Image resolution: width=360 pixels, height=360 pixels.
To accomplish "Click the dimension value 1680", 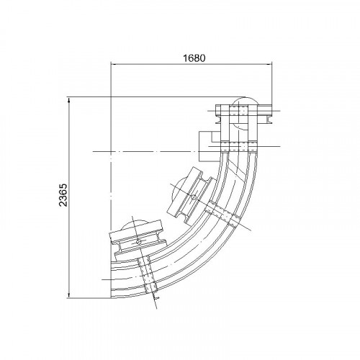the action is [x=194, y=58].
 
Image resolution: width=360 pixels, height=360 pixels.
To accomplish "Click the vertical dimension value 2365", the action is [x=63, y=195].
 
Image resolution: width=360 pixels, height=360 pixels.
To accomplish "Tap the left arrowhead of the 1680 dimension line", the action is [x=113, y=64].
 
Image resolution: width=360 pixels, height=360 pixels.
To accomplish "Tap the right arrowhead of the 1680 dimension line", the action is [x=269, y=64].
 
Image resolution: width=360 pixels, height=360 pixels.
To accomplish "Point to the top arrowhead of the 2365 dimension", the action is [x=69, y=100].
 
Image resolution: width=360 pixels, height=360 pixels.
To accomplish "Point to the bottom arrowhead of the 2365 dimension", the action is [x=69, y=296].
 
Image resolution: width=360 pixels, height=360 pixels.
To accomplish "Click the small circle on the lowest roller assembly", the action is [x=139, y=242].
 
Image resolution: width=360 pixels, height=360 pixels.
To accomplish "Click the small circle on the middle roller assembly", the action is [x=194, y=197].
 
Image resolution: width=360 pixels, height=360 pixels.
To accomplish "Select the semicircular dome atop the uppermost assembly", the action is [x=244, y=100].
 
